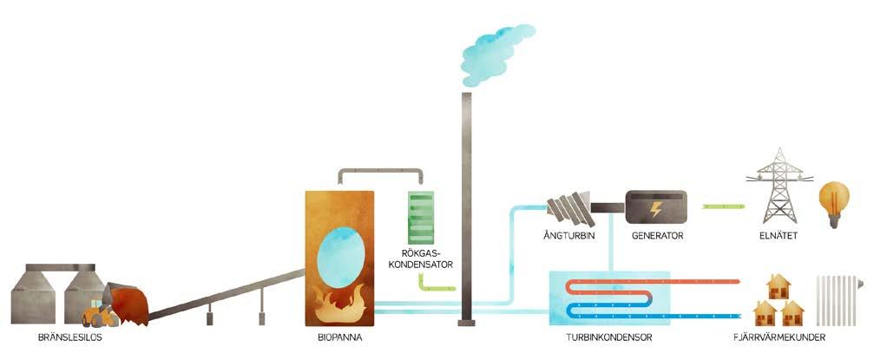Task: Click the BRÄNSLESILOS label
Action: pyautogui.click(x=71, y=337)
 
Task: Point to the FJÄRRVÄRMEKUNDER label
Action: pyautogui.click(x=778, y=337)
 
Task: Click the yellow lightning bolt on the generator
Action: pyautogui.click(x=656, y=209)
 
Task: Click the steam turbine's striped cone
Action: pyautogui.click(x=569, y=208)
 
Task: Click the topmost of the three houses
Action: pyautogui.click(x=778, y=287)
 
